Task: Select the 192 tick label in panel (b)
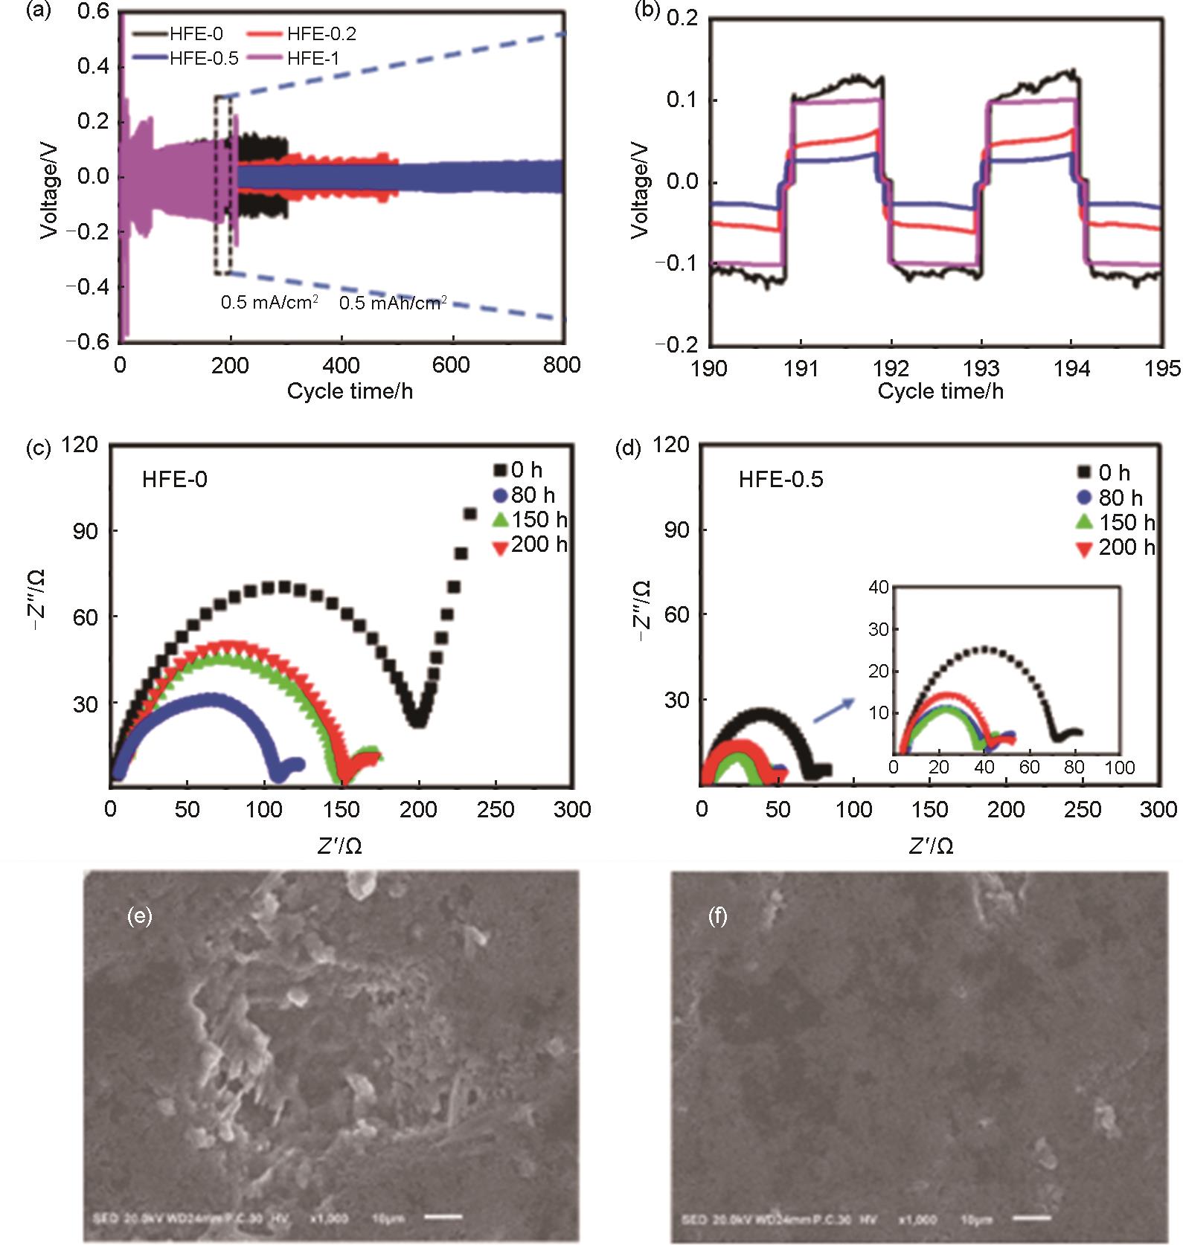891,368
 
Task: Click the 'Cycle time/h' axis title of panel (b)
940,392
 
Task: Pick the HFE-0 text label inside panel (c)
175,480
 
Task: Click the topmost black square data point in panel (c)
470,513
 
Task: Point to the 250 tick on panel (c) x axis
494,810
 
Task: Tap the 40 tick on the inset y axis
879,587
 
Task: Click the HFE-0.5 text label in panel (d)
781,480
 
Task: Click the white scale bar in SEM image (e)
444,1217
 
